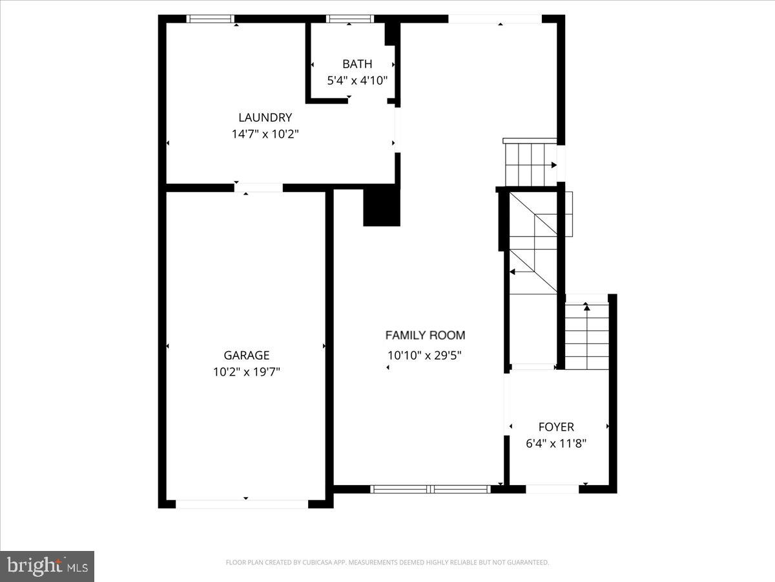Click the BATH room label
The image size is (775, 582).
[357, 64]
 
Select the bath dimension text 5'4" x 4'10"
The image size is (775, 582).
[357, 81]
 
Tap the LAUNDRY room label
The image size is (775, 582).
[265, 118]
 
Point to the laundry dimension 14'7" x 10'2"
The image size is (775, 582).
[265, 135]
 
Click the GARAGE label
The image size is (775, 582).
[246, 355]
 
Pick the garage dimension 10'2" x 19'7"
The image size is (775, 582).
[246, 372]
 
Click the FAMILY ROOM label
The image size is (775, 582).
[425, 335]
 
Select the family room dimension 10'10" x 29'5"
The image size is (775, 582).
[425, 355]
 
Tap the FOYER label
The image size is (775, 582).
[556, 427]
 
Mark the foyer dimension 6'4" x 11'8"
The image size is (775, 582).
[556, 444]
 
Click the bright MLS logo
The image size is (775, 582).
[47, 566]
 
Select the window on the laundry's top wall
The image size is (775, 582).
[211, 19]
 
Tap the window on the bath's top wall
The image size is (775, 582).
[350, 19]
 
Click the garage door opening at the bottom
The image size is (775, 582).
[242, 504]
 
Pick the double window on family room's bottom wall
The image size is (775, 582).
[431, 490]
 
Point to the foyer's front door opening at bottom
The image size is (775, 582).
[552, 490]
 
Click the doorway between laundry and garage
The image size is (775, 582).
[258, 188]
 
